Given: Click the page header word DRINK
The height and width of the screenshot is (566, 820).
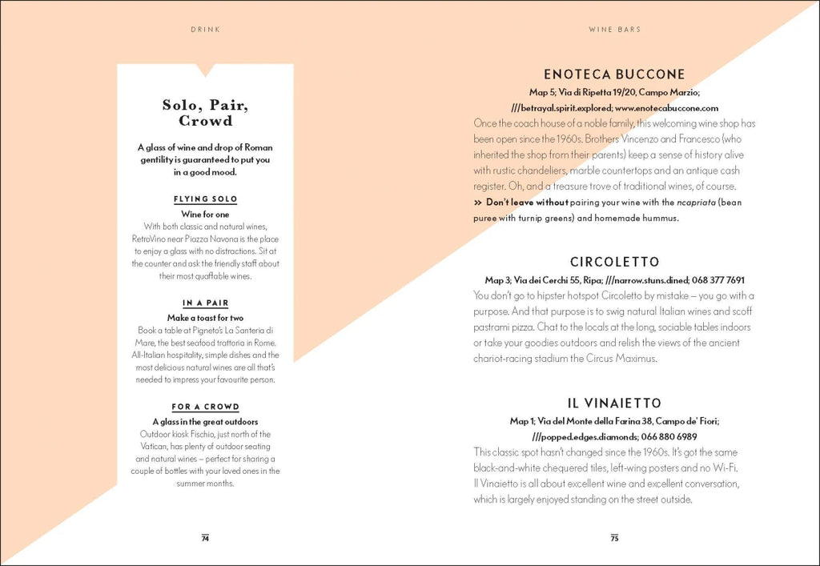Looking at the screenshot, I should click(206, 30).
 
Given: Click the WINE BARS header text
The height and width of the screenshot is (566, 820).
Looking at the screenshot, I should click(614, 30).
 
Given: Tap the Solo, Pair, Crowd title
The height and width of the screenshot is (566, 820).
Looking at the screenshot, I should click(205, 113).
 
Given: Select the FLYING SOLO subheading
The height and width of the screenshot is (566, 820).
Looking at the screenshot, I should click(205, 199).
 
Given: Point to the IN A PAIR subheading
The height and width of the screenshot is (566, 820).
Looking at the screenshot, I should click(205, 303).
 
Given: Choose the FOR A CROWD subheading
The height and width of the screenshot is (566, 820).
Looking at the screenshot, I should click(205, 407).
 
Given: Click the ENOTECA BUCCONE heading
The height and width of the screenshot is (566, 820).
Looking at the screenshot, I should click(614, 74).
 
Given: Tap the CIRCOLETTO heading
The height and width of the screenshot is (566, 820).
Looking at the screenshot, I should click(614, 262).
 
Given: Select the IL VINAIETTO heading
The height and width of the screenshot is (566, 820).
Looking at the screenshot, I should click(614, 403).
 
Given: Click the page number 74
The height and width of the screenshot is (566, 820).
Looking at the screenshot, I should click(205, 538).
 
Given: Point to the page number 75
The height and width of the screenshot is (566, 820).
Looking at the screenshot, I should click(614, 538).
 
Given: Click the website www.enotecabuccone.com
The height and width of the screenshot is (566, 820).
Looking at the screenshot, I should click(666, 107).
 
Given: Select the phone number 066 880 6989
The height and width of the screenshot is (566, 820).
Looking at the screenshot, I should click(667, 436).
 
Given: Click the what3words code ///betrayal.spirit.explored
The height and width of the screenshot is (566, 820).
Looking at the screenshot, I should click(561, 107).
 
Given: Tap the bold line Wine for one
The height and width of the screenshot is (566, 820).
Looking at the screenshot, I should click(205, 215).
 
